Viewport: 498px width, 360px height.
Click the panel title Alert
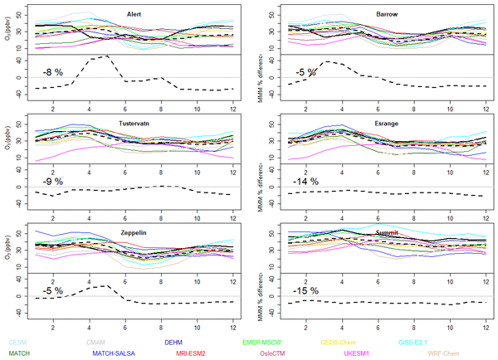point(134,15)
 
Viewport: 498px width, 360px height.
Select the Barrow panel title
point(386,15)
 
